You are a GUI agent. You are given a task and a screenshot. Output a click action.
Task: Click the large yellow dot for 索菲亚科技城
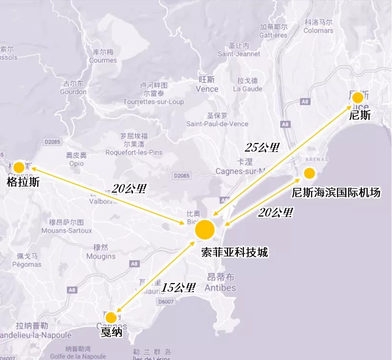click(x=205, y=229)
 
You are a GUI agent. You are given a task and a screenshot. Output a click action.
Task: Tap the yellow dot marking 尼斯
click(x=358, y=98)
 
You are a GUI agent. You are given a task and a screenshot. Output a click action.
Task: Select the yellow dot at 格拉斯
click(x=19, y=167)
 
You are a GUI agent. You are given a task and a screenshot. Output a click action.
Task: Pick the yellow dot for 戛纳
click(x=111, y=317)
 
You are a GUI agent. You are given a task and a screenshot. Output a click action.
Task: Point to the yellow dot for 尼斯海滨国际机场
click(x=309, y=173)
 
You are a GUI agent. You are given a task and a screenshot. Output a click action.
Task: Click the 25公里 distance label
click(x=262, y=147)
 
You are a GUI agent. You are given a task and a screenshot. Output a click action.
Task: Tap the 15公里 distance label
click(x=178, y=288)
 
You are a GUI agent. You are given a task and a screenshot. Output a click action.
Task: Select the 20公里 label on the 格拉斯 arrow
click(x=129, y=188)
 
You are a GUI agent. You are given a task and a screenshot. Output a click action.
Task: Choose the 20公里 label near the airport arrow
click(x=275, y=212)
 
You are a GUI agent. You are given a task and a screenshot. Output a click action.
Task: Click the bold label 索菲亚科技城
click(x=234, y=252)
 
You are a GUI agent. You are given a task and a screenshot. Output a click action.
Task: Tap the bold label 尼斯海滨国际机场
click(x=336, y=193)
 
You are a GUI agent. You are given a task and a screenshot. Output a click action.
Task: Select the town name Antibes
click(x=220, y=288)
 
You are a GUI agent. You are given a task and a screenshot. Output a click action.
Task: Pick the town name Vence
click(x=207, y=89)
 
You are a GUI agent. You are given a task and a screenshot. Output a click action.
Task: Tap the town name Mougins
click(x=101, y=256)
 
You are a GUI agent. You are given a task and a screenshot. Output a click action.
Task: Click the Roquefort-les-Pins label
click(x=136, y=153)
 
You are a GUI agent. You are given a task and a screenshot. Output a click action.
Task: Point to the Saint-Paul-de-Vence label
click(x=217, y=124)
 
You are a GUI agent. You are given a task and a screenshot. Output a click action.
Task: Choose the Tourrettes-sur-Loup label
click(x=153, y=102)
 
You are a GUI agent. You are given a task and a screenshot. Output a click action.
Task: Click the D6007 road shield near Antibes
click(x=180, y=302)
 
